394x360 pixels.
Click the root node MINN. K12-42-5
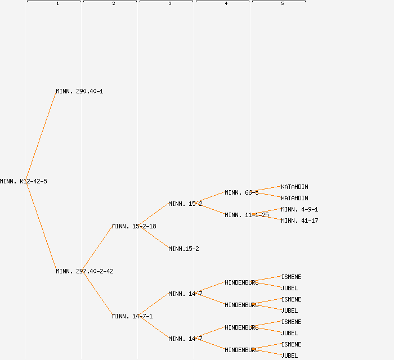point(24,181)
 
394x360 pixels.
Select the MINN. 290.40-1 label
point(79,91)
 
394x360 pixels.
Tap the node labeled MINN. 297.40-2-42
point(84,271)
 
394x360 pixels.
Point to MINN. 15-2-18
point(134,226)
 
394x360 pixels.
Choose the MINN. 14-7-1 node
point(132,316)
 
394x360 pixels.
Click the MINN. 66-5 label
point(241,192)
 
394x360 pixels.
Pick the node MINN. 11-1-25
point(247,215)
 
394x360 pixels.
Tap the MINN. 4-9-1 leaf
point(299,209)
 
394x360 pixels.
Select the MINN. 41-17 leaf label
point(299,220)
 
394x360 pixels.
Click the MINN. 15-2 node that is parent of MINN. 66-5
point(185,204)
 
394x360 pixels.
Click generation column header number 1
point(57,4)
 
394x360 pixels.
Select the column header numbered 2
point(114,4)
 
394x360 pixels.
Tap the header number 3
point(170,4)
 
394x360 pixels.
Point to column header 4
point(226,4)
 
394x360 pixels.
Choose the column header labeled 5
point(283,4)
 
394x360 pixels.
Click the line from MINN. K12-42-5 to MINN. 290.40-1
point(41,136)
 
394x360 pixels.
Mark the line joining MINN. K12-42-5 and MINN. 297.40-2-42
point(41,226)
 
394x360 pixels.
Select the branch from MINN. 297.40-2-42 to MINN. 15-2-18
point(97,249)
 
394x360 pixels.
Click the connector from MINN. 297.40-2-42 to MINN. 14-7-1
point(97,294)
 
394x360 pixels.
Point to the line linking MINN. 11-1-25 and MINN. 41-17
point(275,218)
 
